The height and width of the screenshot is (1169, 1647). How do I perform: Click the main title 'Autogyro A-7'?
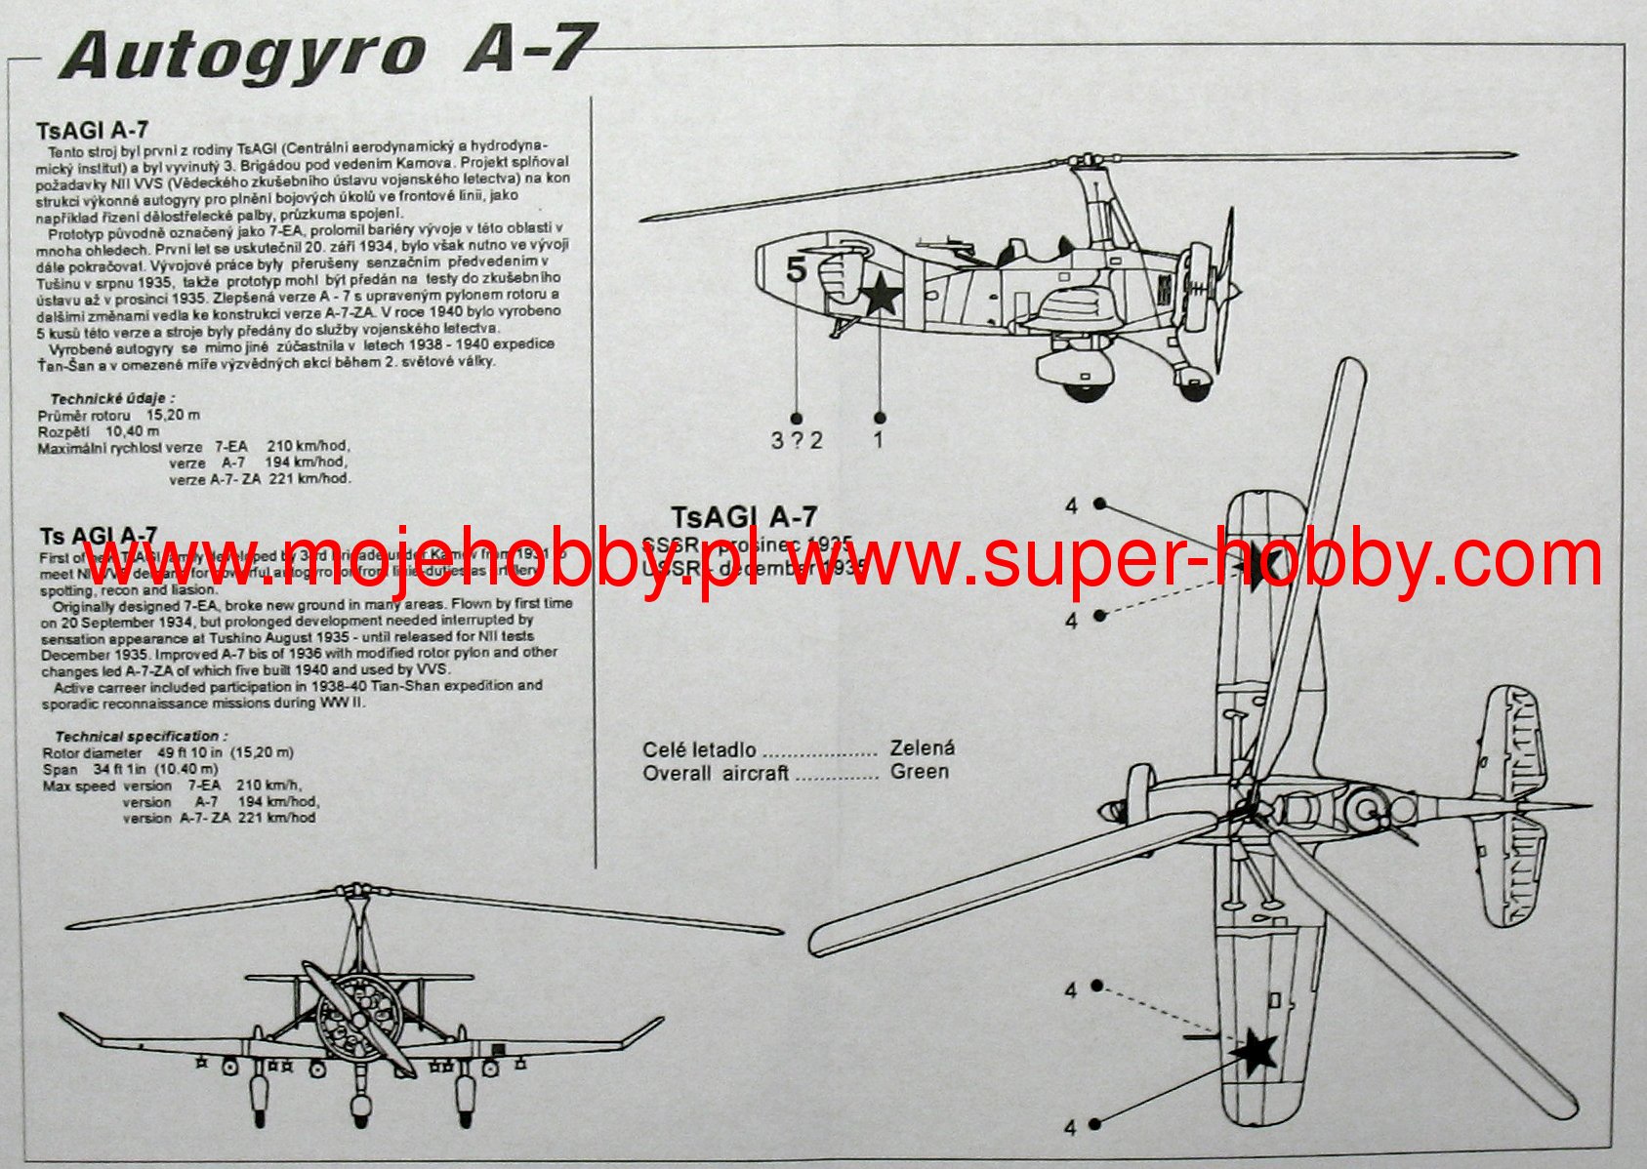(327, 54)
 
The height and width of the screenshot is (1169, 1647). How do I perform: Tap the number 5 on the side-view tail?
(797, 268)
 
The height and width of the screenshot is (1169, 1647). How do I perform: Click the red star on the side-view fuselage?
(881, 294)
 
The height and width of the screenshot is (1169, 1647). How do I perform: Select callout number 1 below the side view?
(878, 440)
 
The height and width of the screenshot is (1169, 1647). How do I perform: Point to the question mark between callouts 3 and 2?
(797, 440)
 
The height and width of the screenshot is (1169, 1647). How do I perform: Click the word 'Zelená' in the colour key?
(922, 748)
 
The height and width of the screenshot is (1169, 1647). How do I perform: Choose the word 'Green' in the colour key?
(919, 772)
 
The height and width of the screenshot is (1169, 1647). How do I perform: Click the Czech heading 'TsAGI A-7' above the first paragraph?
(92, 131)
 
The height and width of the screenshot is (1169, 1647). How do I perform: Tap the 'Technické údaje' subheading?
(112, 398)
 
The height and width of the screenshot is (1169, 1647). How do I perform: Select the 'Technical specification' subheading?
(141, 737)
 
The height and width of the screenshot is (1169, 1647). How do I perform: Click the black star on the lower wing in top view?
(1254, 1050)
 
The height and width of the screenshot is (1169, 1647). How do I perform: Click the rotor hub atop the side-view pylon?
(1087, 161)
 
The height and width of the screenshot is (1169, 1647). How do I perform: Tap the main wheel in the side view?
(1084, 387)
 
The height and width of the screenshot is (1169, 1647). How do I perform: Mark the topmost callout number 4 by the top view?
(1072, 505)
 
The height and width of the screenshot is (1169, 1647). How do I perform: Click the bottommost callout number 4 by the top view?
(1070, 1127)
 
